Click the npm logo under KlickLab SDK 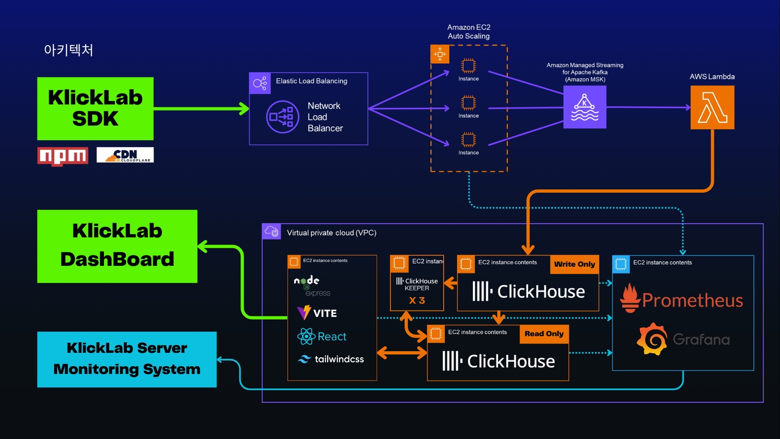(x=63, y=156)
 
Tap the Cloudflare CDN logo (x=125, y=155)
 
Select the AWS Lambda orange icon (x=712, y=107)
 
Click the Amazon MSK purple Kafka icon (x=585, y=107)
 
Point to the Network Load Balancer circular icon (x=283, y=117)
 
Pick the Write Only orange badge (x=574, y=264)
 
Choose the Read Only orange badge (x=544, y=334)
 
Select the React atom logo (x=306, y=337)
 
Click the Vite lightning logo (x=304, y=313)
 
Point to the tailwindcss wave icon (x=304, y=359)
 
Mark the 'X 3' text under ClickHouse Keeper (x=417, y=300)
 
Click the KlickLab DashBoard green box (x=117, y=246)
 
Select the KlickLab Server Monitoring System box (x=127, y=359)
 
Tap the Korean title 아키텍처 (x=69, y=50)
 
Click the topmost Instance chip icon (x=468, y=65)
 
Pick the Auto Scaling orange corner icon (x=440, y=54)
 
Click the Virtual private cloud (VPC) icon (x=271, y=232)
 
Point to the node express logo (x=311, y=286)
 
